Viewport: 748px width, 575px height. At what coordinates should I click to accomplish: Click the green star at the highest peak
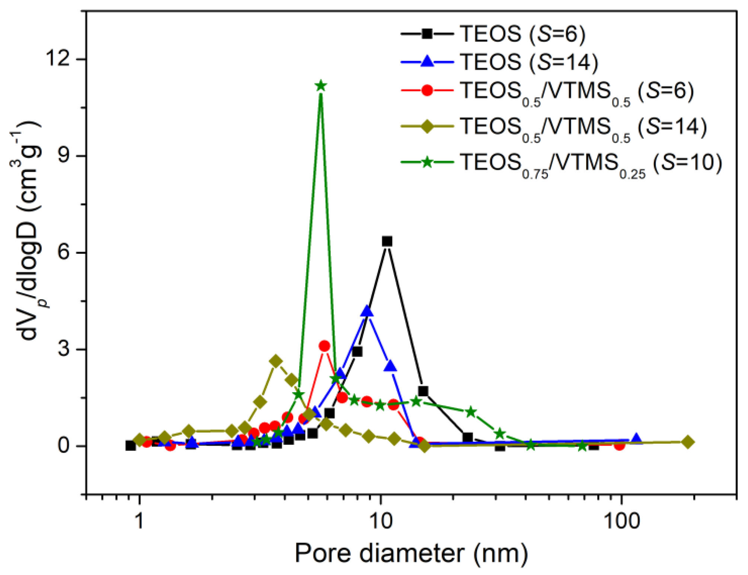coord(321,86)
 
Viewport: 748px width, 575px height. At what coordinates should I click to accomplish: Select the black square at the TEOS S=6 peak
coord(387,241)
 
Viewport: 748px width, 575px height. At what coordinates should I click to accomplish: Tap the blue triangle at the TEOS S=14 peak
coord(367,311)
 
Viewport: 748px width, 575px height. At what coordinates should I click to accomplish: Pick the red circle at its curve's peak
coord(325,346)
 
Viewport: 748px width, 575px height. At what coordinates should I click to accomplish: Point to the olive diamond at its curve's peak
coord(276,361)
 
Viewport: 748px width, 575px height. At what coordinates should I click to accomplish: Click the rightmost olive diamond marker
coord(688,442)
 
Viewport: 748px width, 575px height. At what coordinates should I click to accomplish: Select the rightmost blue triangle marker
coord(636,439)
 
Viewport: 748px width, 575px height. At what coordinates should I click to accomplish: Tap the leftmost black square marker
coord(130,445)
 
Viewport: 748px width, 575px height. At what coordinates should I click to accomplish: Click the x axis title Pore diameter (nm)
coord(411,553)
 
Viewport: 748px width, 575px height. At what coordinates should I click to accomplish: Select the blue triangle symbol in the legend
coord(427,62)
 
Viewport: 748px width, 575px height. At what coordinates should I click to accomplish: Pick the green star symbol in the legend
coord(427,162)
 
